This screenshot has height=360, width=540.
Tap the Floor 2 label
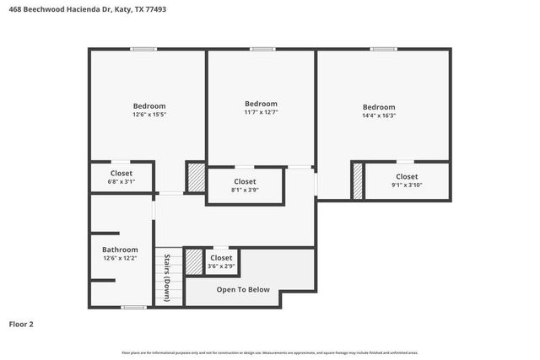coord(21,323)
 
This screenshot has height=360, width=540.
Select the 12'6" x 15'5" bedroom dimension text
coord(148,114)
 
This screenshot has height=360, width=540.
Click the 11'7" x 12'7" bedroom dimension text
coord(261,111)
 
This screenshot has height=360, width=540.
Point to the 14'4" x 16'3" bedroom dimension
coord(378,116)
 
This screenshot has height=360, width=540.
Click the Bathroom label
coord(120,250)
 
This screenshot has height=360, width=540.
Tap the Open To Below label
coord(243,289)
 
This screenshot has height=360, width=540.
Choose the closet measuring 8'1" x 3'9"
coord(245,185)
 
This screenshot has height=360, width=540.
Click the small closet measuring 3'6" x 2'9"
coord(221,261)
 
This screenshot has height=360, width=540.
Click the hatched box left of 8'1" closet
coord(196,180)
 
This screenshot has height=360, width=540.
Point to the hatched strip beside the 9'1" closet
coord(358,181)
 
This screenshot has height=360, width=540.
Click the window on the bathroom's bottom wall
coord(133,306)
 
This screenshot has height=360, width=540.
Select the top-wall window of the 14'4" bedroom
coord(384,49)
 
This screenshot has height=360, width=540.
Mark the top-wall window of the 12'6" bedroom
coord(143,49)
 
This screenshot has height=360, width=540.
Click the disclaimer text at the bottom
coord(270,352)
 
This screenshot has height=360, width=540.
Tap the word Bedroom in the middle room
coord(261,103)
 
